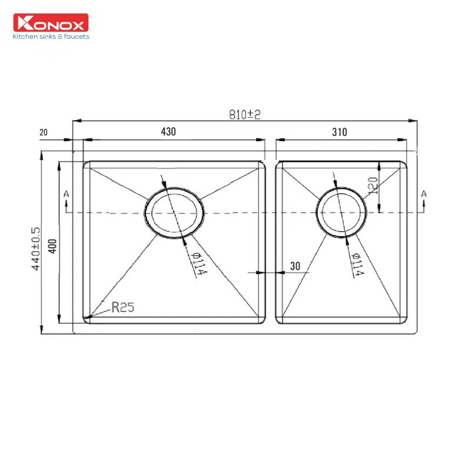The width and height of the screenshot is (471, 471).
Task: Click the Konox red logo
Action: [51, 22]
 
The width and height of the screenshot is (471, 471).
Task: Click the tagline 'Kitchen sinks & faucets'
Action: [51, 37]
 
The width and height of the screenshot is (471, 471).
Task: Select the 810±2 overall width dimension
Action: [244, 114]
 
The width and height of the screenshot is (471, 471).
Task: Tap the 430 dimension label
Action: [168, 131]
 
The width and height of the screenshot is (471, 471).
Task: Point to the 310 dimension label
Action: [340, 132]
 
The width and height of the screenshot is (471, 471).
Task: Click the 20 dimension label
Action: [44, 132]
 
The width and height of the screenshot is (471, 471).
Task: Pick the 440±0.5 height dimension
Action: [35, 248]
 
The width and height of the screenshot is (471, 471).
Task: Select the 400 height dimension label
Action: [52, 246]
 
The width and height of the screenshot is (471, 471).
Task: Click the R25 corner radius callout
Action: [122, 307]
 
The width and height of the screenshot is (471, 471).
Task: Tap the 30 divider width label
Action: [295, 266]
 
